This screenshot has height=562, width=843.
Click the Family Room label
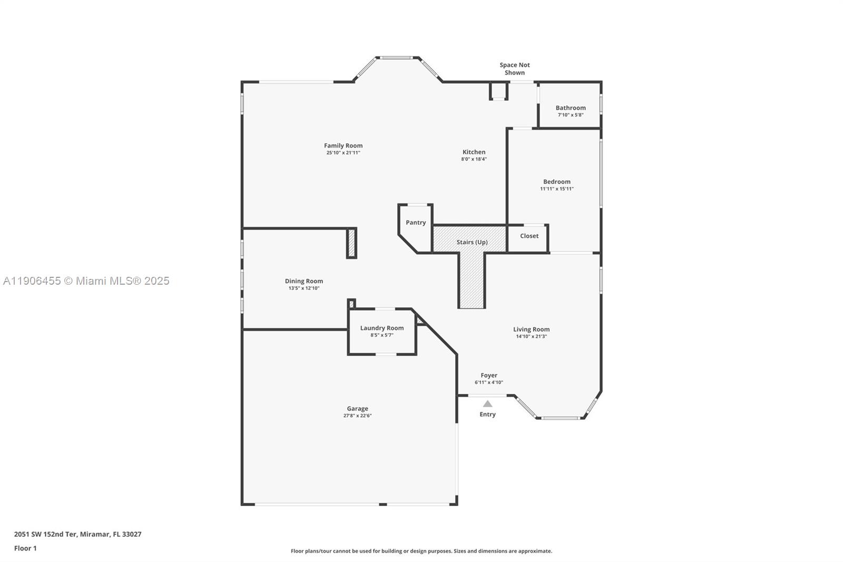(x=343, y=146)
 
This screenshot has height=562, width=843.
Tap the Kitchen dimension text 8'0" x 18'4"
(x=474, y=159)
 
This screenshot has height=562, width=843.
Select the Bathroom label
(x=571, y=108)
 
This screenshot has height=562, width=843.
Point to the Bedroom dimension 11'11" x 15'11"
(x=556, y=189)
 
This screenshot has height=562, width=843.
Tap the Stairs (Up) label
(x=472, y=242)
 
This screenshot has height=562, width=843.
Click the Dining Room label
(x=303, y=281)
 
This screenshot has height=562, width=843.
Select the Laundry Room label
(x=381, y=328)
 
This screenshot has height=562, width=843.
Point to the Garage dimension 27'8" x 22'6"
(x=357, y=415)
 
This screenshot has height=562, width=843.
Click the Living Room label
(x=531, y=330)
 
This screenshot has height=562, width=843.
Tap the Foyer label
(x=488, y=375)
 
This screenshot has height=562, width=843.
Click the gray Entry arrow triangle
(x=488, y=404)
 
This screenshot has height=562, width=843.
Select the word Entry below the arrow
(x=487, y=414)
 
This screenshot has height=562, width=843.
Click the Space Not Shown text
(x=515, y=69)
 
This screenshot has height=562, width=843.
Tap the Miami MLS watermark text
(x=86, y=281)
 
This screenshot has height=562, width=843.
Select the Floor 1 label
(x=25, y=548)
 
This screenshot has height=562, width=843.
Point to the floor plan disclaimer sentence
(x=421, y=551)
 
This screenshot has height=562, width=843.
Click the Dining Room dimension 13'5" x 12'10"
(x=303, y=288)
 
